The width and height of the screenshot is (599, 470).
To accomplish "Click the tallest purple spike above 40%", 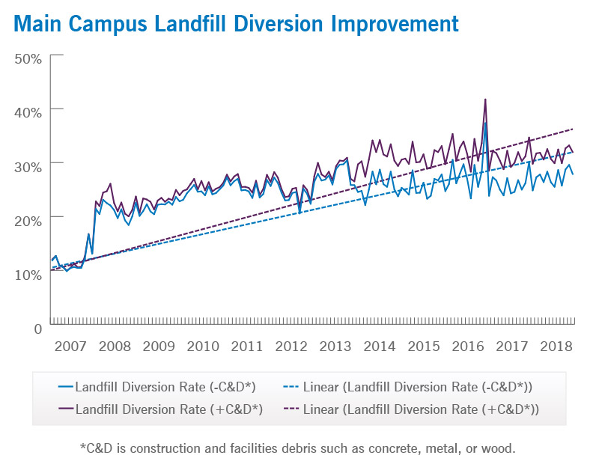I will [485, 100].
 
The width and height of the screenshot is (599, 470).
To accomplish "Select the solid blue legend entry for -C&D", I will [157, 387].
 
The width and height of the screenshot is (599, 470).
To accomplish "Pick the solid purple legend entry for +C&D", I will [157, 409].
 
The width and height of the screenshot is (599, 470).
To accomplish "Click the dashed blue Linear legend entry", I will [412, 387].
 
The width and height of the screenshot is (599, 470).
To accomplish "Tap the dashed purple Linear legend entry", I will [412, 409].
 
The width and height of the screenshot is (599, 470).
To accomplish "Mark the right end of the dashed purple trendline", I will [574, 129].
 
